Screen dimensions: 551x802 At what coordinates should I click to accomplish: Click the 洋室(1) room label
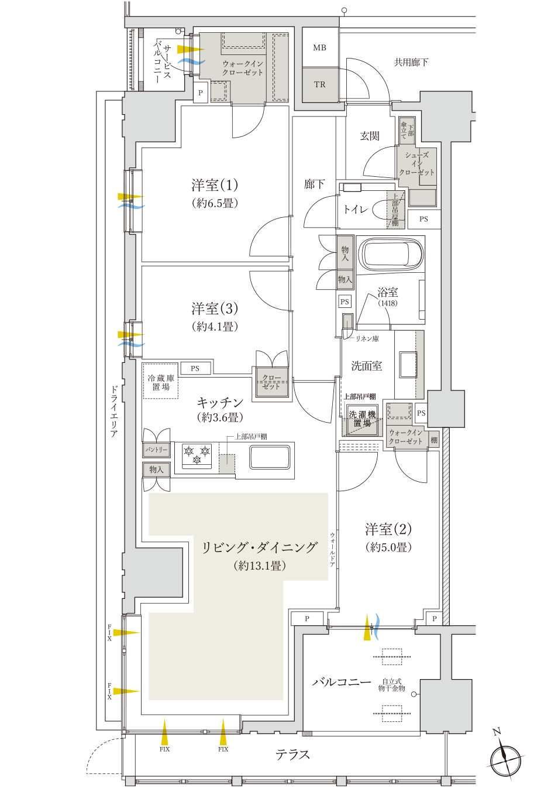(215, 185)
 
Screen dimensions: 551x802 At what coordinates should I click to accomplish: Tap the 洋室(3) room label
(215, 309)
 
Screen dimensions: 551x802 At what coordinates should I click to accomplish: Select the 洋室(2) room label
(388, 529)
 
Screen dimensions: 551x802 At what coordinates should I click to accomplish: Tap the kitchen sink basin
(270, 457)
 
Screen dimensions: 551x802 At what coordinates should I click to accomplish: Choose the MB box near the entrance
(320, 47)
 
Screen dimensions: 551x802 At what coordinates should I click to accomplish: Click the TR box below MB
(320, 84)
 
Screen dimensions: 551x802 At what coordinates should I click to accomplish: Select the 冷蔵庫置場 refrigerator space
(161, 381)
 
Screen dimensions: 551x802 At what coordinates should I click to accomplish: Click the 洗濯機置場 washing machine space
(362, 420)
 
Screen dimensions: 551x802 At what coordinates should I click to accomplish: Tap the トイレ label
(355, 210)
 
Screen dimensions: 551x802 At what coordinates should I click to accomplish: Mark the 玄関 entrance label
(370, 136)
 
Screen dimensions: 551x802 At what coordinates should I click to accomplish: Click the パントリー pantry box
(156, 450)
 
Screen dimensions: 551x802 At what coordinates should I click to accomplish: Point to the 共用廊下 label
(411, 62)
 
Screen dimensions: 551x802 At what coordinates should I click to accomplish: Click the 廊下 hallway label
(314, 184)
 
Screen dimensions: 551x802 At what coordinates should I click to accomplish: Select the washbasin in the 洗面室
(408, 364)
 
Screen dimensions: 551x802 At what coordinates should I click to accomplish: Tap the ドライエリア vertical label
(114, 412)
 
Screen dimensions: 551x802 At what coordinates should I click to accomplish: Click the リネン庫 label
(367, 338)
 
